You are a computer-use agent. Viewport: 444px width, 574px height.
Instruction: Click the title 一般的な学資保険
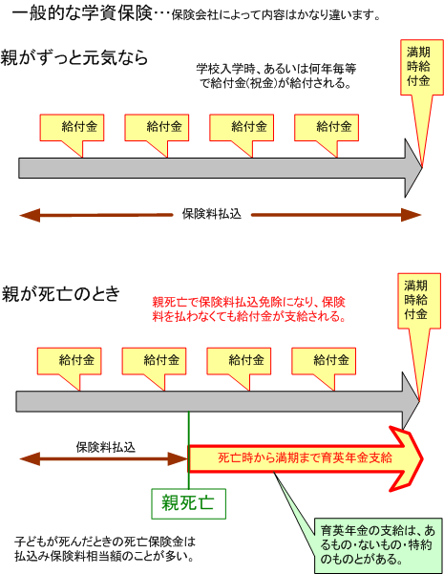82,13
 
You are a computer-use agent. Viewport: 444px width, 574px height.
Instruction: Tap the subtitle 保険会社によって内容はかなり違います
276,15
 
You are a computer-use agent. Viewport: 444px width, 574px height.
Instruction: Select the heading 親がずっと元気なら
74,57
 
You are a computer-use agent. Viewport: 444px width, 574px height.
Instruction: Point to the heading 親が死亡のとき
61,293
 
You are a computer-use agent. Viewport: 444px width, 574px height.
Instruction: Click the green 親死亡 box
188,503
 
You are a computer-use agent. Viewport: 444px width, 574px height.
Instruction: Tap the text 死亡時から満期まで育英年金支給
305,457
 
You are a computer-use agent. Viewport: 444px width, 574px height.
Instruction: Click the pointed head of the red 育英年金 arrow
424,458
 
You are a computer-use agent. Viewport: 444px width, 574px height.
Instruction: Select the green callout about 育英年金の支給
378,545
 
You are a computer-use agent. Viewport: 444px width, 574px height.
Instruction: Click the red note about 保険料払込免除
249,309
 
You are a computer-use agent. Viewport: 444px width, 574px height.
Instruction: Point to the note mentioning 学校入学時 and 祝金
276,76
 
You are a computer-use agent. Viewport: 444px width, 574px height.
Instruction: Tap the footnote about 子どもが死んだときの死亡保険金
105,549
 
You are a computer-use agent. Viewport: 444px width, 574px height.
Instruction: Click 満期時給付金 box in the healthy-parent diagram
422,68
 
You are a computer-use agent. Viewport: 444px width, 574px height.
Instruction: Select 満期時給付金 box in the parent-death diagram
419,301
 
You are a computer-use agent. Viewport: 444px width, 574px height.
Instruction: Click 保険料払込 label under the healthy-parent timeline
212,214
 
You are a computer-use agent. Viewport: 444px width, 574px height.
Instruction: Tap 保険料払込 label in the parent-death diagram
106,447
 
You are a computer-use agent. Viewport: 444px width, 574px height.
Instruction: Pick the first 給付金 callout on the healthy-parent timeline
72,127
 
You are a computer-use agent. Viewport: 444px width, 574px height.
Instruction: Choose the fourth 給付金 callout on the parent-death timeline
324,361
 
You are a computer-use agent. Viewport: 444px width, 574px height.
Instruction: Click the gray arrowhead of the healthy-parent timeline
413,168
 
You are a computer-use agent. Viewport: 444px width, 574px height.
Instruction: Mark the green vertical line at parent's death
188,450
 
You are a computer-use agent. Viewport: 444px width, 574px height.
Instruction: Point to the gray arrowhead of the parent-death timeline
411,401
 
